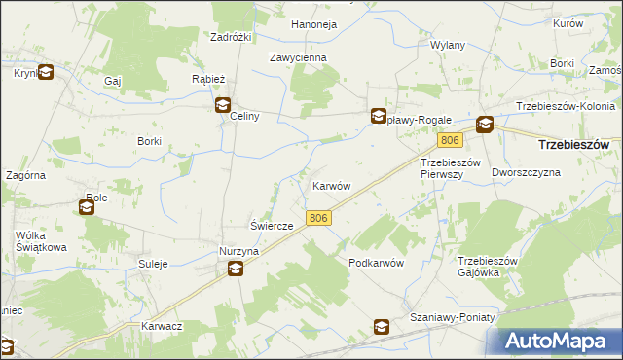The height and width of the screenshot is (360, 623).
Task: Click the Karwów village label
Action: pos(331,185)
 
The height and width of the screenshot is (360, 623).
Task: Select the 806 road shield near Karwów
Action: pos(316,219)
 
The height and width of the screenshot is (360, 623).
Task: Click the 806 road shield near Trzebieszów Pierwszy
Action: pos(445,141)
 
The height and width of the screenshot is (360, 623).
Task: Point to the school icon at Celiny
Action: pos(223,105)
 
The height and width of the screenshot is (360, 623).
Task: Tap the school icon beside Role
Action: pos(86,206)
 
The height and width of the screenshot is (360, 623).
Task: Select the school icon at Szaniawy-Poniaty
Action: pos(382,327)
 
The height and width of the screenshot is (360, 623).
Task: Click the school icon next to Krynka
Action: pos(45,71)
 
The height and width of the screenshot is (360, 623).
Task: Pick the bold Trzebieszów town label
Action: pos(573,144)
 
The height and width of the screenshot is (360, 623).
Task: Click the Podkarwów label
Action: pos(376,264)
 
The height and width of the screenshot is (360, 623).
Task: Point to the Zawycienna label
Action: pos(298,57)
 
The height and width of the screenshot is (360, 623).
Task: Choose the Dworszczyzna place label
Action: pos(527,171)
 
